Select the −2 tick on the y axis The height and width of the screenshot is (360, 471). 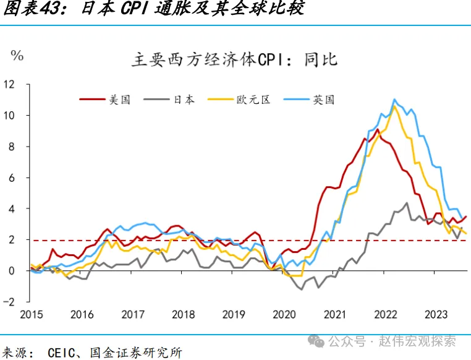[x=8, y=301]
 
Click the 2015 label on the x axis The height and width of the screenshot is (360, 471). [x=32, y=314]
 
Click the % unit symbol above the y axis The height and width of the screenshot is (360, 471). [x=17, y=56]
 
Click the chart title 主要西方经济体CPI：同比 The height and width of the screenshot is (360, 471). [x=234, y=60]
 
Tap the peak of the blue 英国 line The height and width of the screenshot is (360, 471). [x=394, y=99]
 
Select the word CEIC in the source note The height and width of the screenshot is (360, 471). [x=62, y=353]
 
